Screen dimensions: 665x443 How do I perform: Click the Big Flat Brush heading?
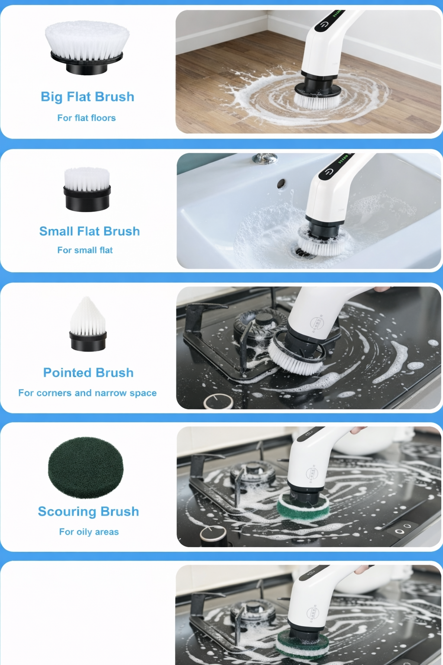coord(87,97)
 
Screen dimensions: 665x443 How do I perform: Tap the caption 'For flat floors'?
coord(87,118)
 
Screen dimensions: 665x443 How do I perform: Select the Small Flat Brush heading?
coord(90,231)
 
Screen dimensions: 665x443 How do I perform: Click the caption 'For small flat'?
coord(85,250)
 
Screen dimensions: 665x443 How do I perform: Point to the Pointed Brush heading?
coord(88,373)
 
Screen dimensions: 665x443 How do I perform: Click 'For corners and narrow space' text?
coord(87,393)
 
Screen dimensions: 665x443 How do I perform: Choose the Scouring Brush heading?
coord(88,511)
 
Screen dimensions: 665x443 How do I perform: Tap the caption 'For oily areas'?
coord(89,532)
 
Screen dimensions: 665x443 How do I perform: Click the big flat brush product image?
coord(87,48)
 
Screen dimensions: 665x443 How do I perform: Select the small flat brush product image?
coord(87,189)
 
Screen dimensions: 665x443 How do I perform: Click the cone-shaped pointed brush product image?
coord(88,324)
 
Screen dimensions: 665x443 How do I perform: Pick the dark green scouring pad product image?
coord(86,468)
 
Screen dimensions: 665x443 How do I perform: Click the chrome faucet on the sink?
coord(265,158)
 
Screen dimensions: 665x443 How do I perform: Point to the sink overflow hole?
coord(281,183)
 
